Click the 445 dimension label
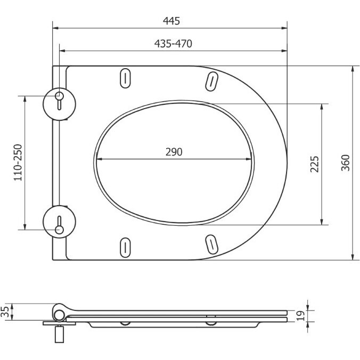tap(171, 21)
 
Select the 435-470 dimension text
tap(173, 44)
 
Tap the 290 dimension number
tap(174, 152)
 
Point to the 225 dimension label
tap(315, 164)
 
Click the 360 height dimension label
tap(345, 163)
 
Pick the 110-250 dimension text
tap(18, 162)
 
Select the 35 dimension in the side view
tap(5, 312)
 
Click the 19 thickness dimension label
tap(300, 316)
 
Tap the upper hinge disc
tap(60, 104)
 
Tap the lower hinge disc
tap(60, 222)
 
